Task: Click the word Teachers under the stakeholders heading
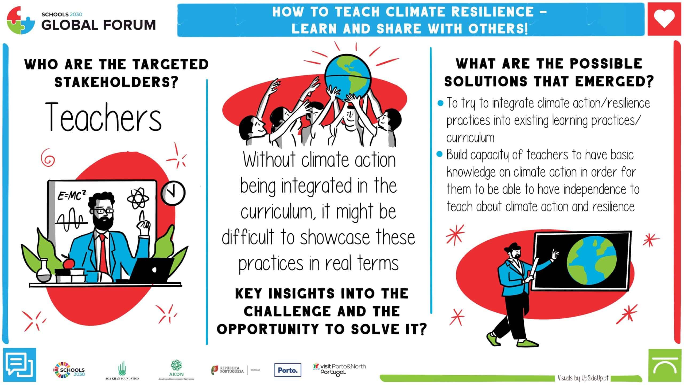point(103,117)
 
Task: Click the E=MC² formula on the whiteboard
point(72,196)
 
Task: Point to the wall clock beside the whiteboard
point(173,193)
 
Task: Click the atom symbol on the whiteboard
point(137,198)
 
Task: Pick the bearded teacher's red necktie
point(103,255)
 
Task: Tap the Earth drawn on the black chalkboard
point(592,261)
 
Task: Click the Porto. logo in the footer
point(288,370)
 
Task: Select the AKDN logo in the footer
point(176,370)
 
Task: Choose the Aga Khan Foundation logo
point(122,371)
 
